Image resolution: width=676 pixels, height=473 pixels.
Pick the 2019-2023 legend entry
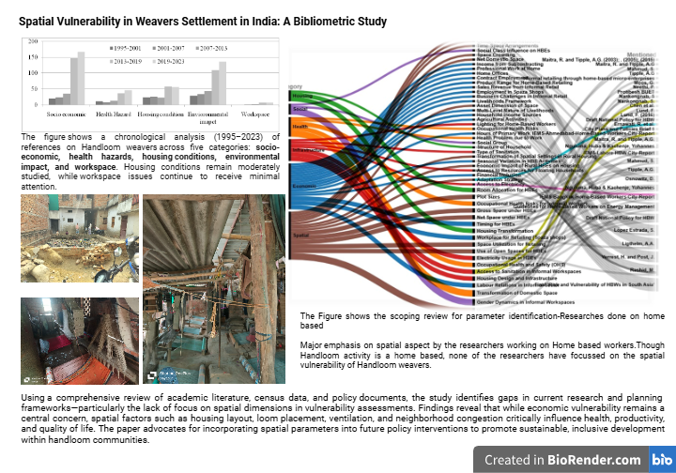point(166,58)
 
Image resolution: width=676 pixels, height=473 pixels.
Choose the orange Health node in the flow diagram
point(300,125)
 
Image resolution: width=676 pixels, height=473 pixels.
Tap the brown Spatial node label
point(301,236)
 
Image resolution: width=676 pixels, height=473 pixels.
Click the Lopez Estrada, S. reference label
point(639,227)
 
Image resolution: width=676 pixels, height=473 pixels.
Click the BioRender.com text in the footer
point(595,459)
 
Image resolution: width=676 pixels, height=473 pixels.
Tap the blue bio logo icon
point(660,459)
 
